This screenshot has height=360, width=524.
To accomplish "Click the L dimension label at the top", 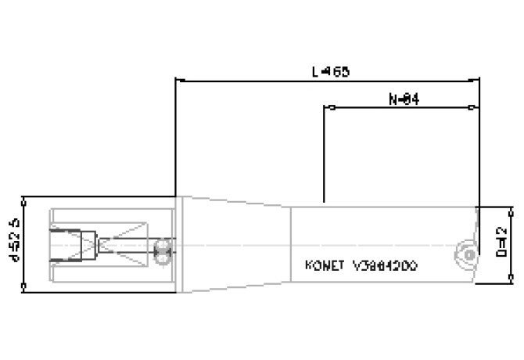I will pos(329,71).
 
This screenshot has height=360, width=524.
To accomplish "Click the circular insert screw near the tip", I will pos(465,254).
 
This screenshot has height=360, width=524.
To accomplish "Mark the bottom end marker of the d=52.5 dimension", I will pos(26,291).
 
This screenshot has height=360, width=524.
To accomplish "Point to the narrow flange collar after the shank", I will pos(178,244).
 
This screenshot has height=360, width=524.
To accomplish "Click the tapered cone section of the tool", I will pos(235,244).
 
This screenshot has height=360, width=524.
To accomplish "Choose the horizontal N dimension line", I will pos(368,107).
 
